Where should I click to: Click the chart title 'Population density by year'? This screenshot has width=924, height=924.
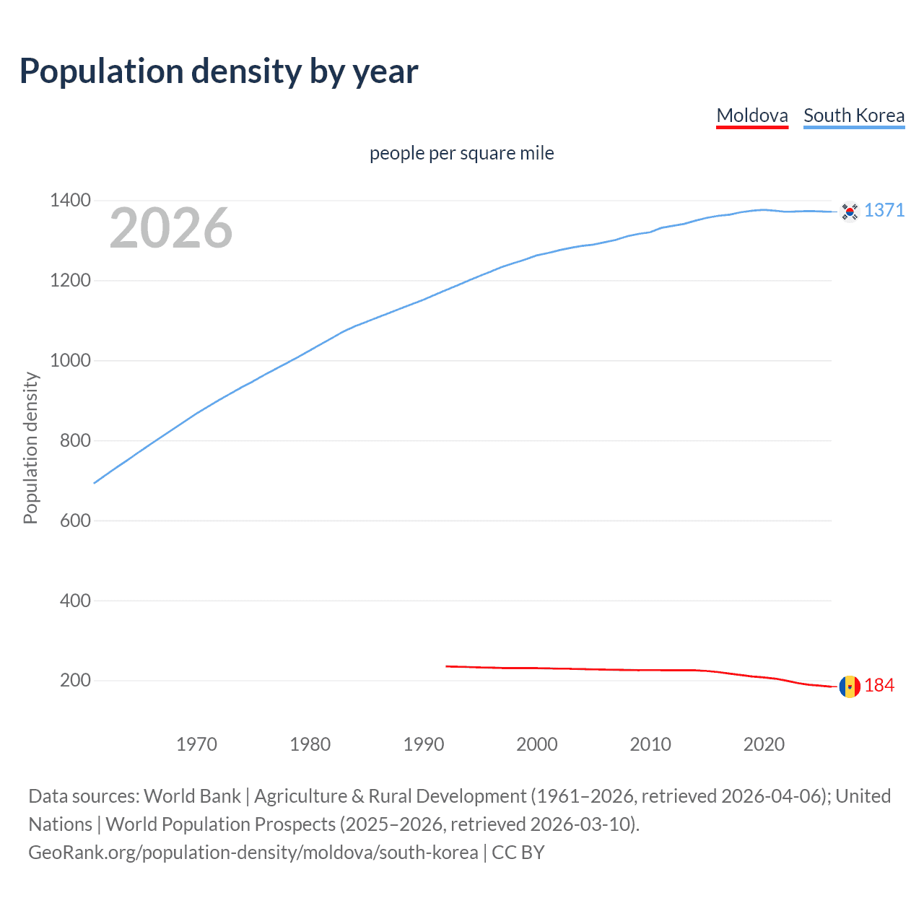(219, 71)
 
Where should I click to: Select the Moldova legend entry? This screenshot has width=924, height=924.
(751, 115)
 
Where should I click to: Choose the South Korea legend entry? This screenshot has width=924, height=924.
(853, 115)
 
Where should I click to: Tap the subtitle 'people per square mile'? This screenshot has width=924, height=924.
(461, 153)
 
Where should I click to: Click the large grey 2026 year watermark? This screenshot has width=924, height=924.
(171, 228)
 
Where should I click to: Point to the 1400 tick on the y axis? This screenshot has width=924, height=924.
(70, 200)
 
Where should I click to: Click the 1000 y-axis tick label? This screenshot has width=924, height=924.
(70, 360)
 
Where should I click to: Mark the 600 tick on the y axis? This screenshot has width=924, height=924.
(75, 520)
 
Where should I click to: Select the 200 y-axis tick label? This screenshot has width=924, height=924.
(75, 680)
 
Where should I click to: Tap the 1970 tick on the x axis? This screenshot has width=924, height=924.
(196, 744)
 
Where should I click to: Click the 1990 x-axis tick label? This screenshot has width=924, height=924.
(424, 744)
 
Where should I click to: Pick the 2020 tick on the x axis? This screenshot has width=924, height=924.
(764, 744)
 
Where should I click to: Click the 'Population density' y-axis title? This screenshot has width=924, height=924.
(30, 448)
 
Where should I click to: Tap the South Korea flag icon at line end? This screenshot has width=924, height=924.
(850, 212)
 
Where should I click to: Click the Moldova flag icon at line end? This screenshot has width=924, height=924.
(850, 687)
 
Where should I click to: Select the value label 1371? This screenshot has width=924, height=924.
(884, 210)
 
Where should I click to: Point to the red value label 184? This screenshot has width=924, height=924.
(879, 686)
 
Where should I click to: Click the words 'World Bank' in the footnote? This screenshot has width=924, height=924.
(192, 796)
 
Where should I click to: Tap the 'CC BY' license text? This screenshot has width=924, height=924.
(518, 853)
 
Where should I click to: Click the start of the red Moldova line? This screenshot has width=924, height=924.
(448, 666)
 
